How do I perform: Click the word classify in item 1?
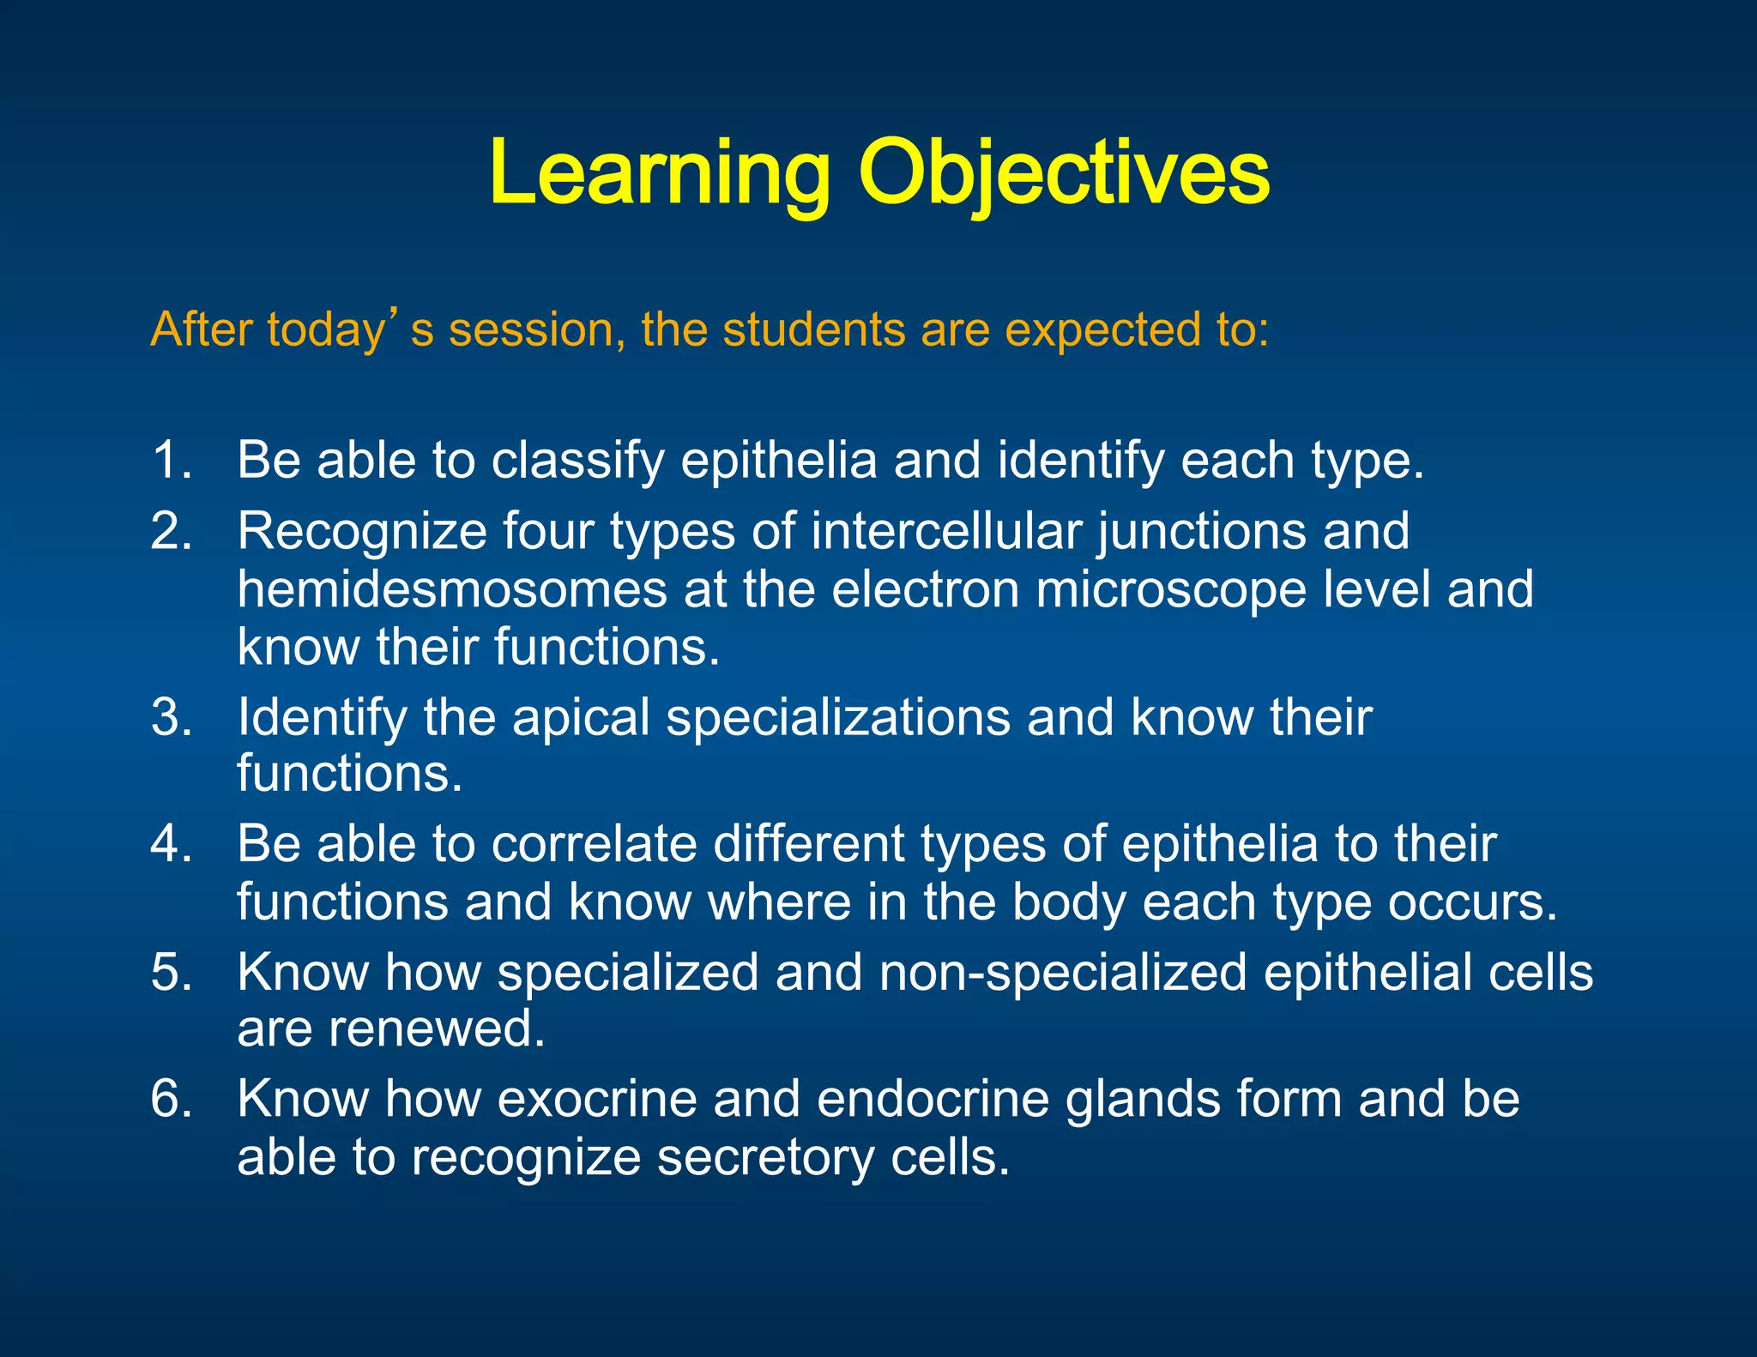pyautogui.click(x=577, y=461)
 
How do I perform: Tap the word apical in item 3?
pyautogui.click(x=581, y=717)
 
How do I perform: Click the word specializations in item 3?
pyautogui.click(x=838, y=717)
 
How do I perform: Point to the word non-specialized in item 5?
pyautogui.click(x=1063, y=973)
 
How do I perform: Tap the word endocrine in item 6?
pyautogui.click(x=933, y=1099)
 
